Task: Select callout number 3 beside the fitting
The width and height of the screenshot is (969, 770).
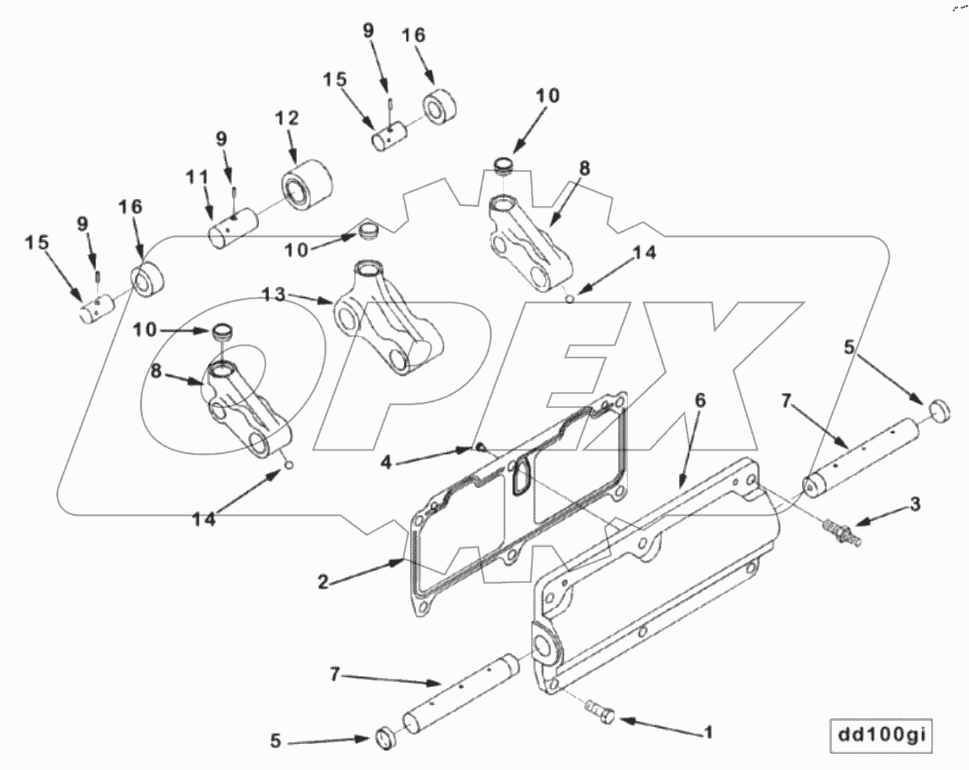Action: click(915, 504)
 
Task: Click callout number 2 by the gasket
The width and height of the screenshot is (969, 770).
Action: click(322, 582)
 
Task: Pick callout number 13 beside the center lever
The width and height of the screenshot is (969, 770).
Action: click(275, 295)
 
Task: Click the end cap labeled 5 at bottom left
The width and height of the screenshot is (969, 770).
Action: click(384, 737)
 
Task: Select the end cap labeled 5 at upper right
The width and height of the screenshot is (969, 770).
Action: click(939, 408)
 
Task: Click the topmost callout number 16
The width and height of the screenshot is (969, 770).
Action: click(413, 36)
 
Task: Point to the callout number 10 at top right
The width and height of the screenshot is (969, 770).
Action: click(548, 96)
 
